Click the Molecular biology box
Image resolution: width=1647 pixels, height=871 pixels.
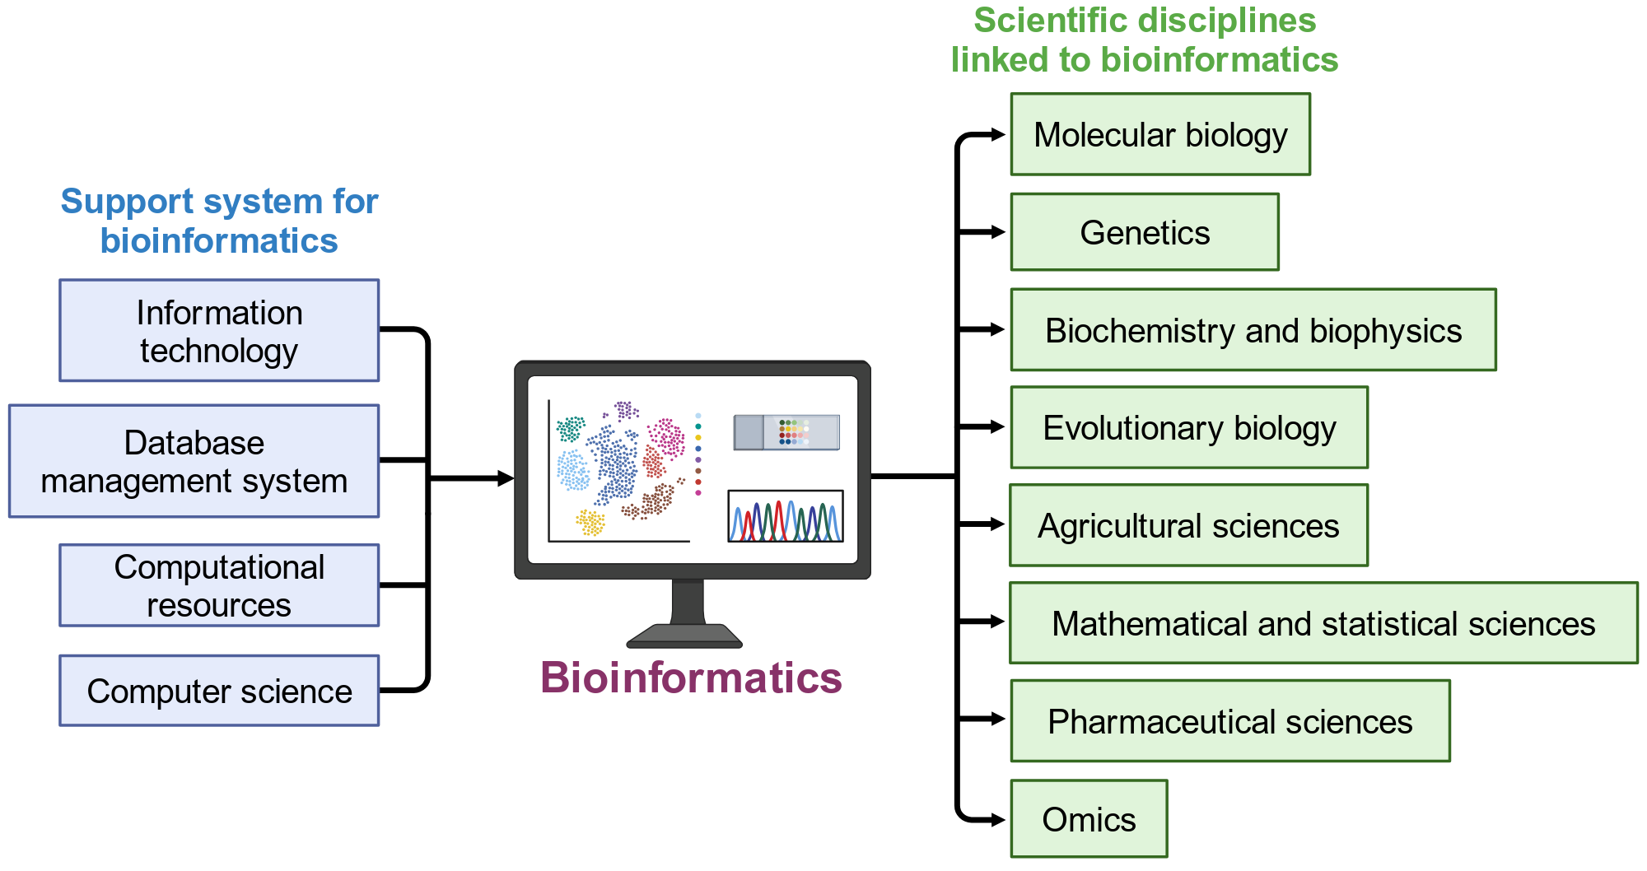point(1160,134)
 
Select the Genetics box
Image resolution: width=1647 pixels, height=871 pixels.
point(1145,232)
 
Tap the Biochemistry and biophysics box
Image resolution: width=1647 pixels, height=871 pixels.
point(1253,329)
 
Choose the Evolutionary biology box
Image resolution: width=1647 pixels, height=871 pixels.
point(1189,427)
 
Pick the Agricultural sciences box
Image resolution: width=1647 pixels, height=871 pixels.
point(1188,525)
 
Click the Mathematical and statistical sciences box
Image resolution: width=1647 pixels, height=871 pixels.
point(1323,622)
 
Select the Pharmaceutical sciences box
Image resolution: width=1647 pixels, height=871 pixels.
point(1230,720)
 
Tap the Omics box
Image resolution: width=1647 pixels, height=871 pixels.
point(1089,818)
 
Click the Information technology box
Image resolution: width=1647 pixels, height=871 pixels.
point(219,330)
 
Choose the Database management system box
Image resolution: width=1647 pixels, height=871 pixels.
point(194,461)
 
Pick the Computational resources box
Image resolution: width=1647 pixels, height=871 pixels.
point(219,585)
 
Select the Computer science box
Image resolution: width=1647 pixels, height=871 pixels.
point(219,691)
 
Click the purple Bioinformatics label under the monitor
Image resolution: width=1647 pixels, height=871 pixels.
point(691,678)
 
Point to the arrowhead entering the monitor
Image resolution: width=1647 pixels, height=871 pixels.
point(506,478)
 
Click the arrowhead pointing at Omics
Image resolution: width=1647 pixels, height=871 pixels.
point(997,820)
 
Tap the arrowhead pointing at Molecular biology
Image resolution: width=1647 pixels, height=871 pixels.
point(997,135)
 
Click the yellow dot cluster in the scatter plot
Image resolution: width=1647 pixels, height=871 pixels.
point(590,522)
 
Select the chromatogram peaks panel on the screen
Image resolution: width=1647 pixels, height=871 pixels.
point(786,516)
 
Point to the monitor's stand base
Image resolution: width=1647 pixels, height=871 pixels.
point(684,636)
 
